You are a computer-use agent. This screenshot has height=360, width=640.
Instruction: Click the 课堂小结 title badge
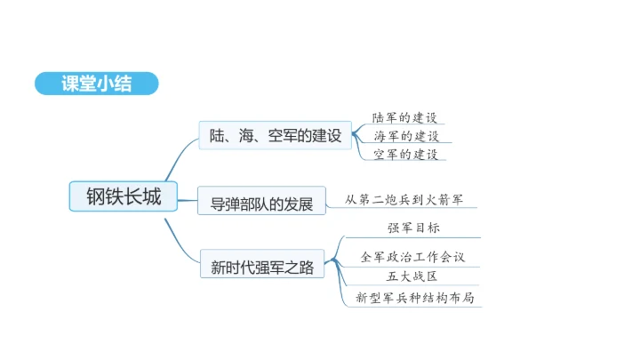tap(97, 84)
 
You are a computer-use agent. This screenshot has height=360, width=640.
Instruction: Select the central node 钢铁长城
tap(124, 196)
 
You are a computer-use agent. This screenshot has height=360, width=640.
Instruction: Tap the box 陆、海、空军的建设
tap(275, 135)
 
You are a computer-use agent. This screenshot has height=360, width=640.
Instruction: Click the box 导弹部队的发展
tap(261, 200)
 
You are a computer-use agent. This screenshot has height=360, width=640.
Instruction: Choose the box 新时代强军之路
tap(262, 264)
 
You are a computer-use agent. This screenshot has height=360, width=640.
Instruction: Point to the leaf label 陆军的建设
tap(404, 117)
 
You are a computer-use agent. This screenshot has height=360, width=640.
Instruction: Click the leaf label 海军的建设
tap(406, 136)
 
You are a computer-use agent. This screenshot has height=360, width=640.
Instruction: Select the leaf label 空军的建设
tap(405, 154)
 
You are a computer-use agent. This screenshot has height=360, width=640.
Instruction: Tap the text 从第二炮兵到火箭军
tap(404, 200)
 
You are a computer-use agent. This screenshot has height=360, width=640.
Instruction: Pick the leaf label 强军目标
tap(413, 228)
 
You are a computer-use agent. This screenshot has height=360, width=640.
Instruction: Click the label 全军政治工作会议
tap(412, 257)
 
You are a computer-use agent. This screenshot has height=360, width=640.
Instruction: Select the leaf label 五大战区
tap(412, 276)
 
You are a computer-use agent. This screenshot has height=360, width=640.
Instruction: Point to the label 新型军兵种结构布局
tap(415, 298)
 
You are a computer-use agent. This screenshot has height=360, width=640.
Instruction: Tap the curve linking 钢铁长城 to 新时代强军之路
tap(179, 245)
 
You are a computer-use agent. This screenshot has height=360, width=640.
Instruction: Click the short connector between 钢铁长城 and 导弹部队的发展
tap(188, 200)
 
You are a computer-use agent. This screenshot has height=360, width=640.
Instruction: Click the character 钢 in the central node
tap(95, 196)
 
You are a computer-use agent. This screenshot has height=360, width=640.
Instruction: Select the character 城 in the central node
tap(152, 196)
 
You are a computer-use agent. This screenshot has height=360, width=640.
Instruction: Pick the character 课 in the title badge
tap(70, 84)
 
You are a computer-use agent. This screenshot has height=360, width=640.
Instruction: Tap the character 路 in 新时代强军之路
tap(307, 268)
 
